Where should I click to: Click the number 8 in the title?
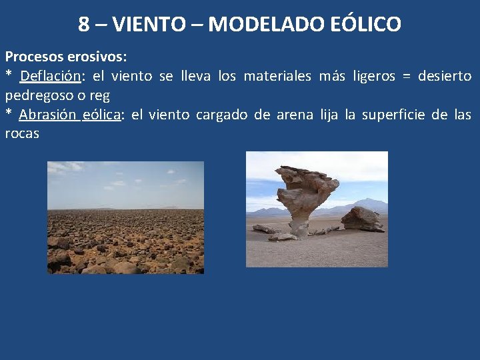point(84,25)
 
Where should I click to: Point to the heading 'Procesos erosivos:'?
point(65,57)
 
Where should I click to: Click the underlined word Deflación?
point(51,77)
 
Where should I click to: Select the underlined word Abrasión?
point(48,115)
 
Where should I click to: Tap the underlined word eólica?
point(102,115)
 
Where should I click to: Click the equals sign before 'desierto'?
point(407,77)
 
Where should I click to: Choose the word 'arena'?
point(294,115)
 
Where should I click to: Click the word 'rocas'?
point(22,133)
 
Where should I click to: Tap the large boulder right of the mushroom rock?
point(361,219)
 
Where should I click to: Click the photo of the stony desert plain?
point(125,217)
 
